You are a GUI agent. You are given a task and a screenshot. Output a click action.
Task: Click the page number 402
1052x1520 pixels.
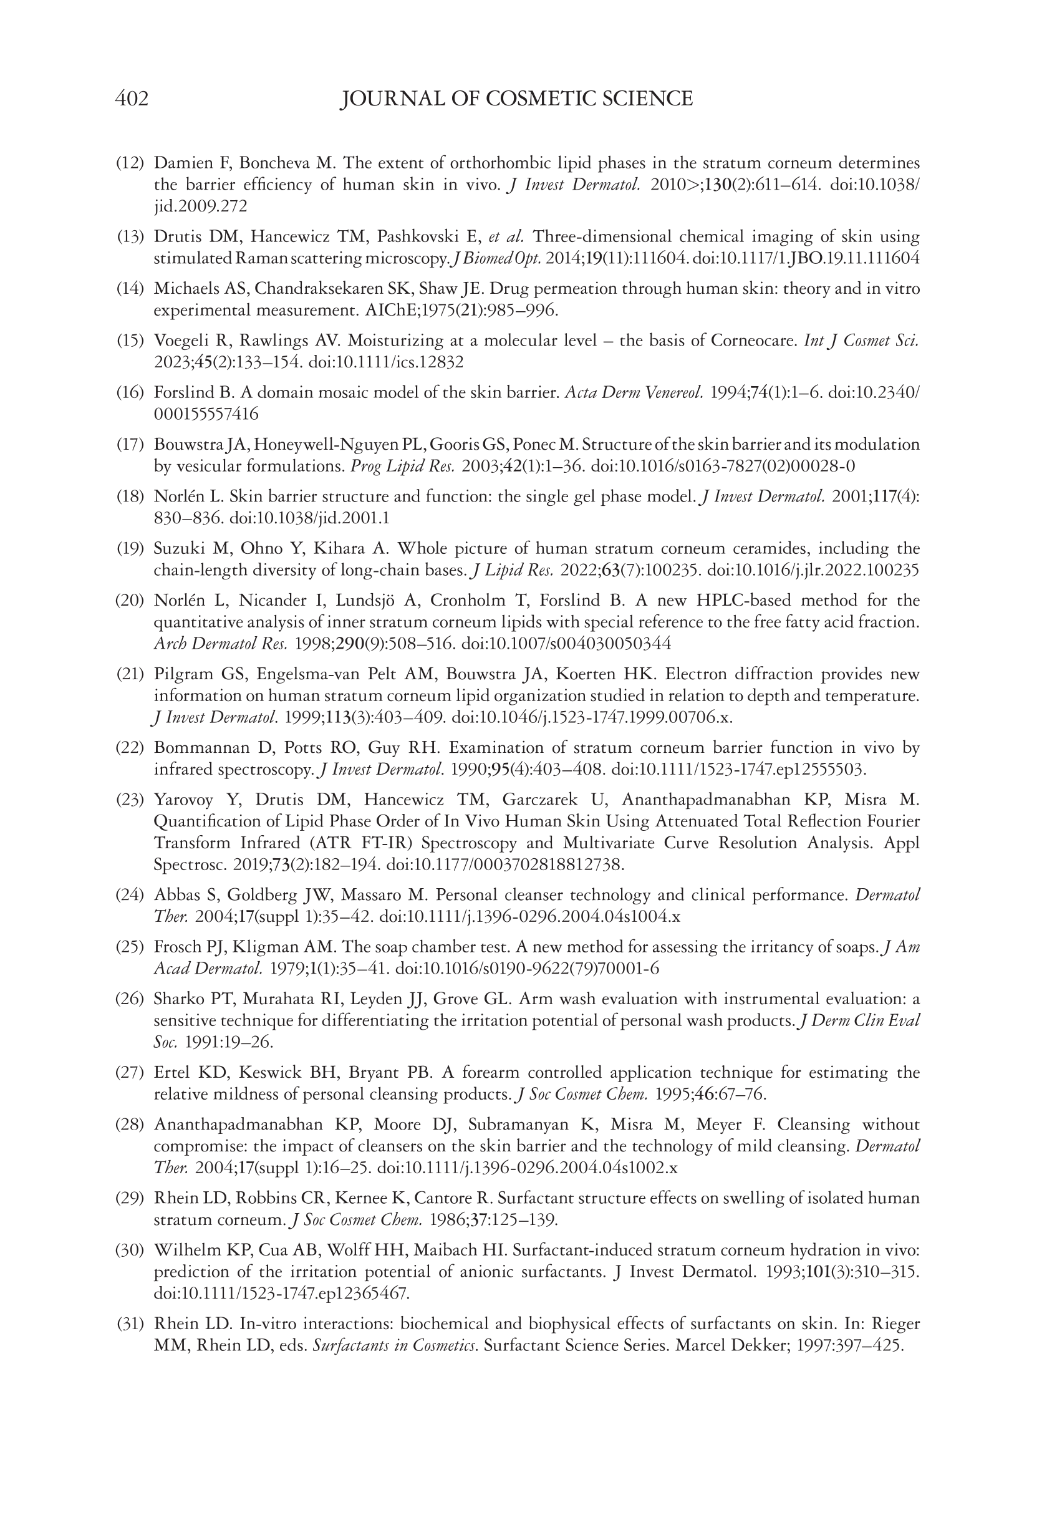click(132, 99)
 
